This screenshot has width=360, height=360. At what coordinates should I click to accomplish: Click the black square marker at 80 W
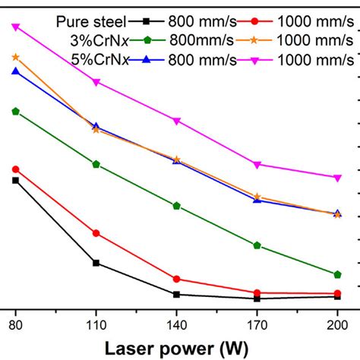(x=15, y=180)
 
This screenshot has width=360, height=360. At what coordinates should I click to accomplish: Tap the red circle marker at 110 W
(x=96, y=233)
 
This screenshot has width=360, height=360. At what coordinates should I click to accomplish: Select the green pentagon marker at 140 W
(x=176, y=206)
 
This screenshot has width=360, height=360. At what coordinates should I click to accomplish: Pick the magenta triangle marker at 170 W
(x=257, y=165)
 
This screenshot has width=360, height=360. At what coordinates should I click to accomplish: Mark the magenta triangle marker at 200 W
(x=337, y=178)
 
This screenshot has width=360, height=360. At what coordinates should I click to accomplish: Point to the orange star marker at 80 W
(x=15, y=57)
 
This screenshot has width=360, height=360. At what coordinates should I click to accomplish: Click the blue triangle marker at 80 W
(x=15, y=71)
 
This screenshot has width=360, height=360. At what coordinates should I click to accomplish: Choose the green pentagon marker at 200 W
(x=337, y=274)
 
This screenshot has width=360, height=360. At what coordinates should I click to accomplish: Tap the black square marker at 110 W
(x=96, y=263)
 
